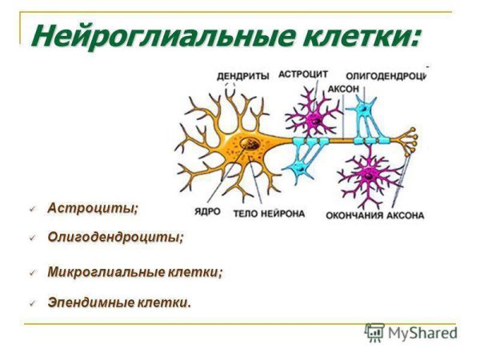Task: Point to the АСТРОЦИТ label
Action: pos(303,74)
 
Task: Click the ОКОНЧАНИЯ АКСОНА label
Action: pos(374,215)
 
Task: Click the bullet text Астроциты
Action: pos(92,208)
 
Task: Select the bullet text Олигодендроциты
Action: pos(115,237)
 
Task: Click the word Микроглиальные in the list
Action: pos(106,272)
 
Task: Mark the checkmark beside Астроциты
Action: pos(34,209)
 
